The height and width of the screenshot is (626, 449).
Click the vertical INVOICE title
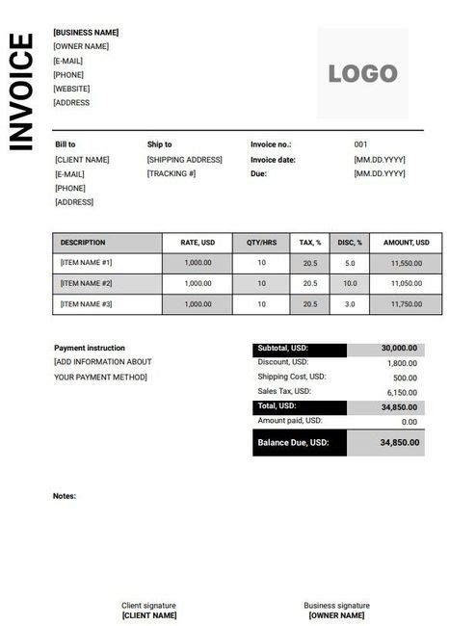21,91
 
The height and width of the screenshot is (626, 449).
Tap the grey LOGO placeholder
362,73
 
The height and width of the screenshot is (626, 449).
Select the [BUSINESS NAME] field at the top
86,32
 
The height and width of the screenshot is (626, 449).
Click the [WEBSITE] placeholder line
71,89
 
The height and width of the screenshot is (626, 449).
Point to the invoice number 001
361,144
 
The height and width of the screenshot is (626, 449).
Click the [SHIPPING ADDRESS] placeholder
184,159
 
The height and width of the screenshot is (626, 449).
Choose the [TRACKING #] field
172,173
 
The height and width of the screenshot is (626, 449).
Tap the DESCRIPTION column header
83,242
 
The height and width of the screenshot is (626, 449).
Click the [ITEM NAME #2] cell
87,283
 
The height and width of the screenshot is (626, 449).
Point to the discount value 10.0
350,283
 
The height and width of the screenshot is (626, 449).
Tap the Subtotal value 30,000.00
399,349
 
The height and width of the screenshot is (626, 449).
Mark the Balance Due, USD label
293,443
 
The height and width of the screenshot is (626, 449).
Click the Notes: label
65,496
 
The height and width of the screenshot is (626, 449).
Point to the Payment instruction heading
90,348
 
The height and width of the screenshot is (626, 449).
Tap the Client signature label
148,605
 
